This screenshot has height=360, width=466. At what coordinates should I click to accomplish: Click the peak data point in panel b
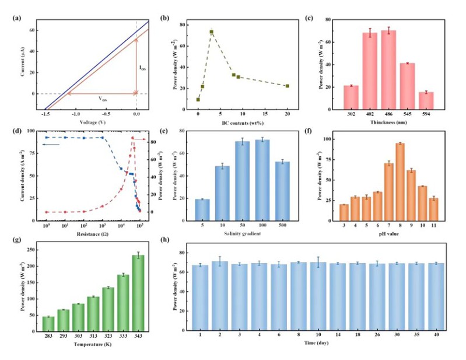pyautogui.click(x=211, y=32)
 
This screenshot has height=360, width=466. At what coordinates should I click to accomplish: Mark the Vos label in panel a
pyautogui.click(x=101, y=99)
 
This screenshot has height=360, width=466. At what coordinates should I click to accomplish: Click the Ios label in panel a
pyautogui.click(x=143, y=68)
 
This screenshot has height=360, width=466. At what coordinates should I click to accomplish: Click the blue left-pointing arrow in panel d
pyautogui.click(x=51, y=144)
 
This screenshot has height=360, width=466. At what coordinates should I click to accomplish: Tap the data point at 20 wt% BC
pyautogui.click(x=287, y=86)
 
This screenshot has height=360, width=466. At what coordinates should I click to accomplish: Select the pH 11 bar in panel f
pyautogui.click(x=433, y=208)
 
